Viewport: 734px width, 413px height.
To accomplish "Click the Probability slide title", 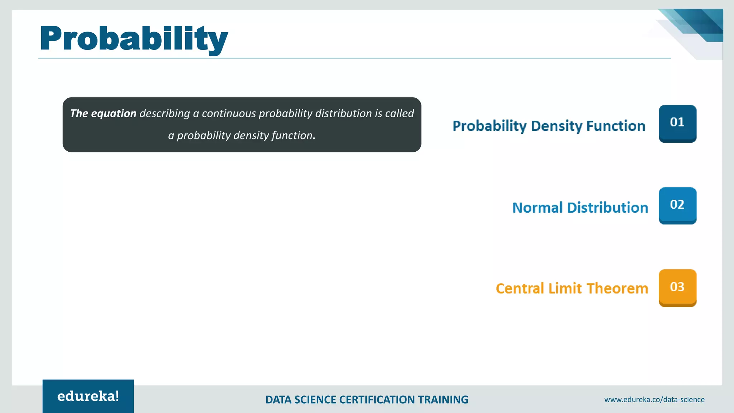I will (134, 39).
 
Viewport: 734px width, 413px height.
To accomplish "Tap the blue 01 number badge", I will (677, 123).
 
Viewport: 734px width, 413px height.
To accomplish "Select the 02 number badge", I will (677, 205).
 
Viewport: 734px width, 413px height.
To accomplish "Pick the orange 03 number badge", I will (677, 288).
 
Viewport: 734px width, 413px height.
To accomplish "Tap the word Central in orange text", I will (520, 289).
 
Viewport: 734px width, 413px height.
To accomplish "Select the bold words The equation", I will (103, 114).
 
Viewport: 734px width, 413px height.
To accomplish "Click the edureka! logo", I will (88, 396).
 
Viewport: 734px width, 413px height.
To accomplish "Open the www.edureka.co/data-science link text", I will (654, 399).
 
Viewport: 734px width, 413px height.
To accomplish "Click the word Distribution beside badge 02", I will (607, 208).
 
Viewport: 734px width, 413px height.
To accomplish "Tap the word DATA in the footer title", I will (278, 400).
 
